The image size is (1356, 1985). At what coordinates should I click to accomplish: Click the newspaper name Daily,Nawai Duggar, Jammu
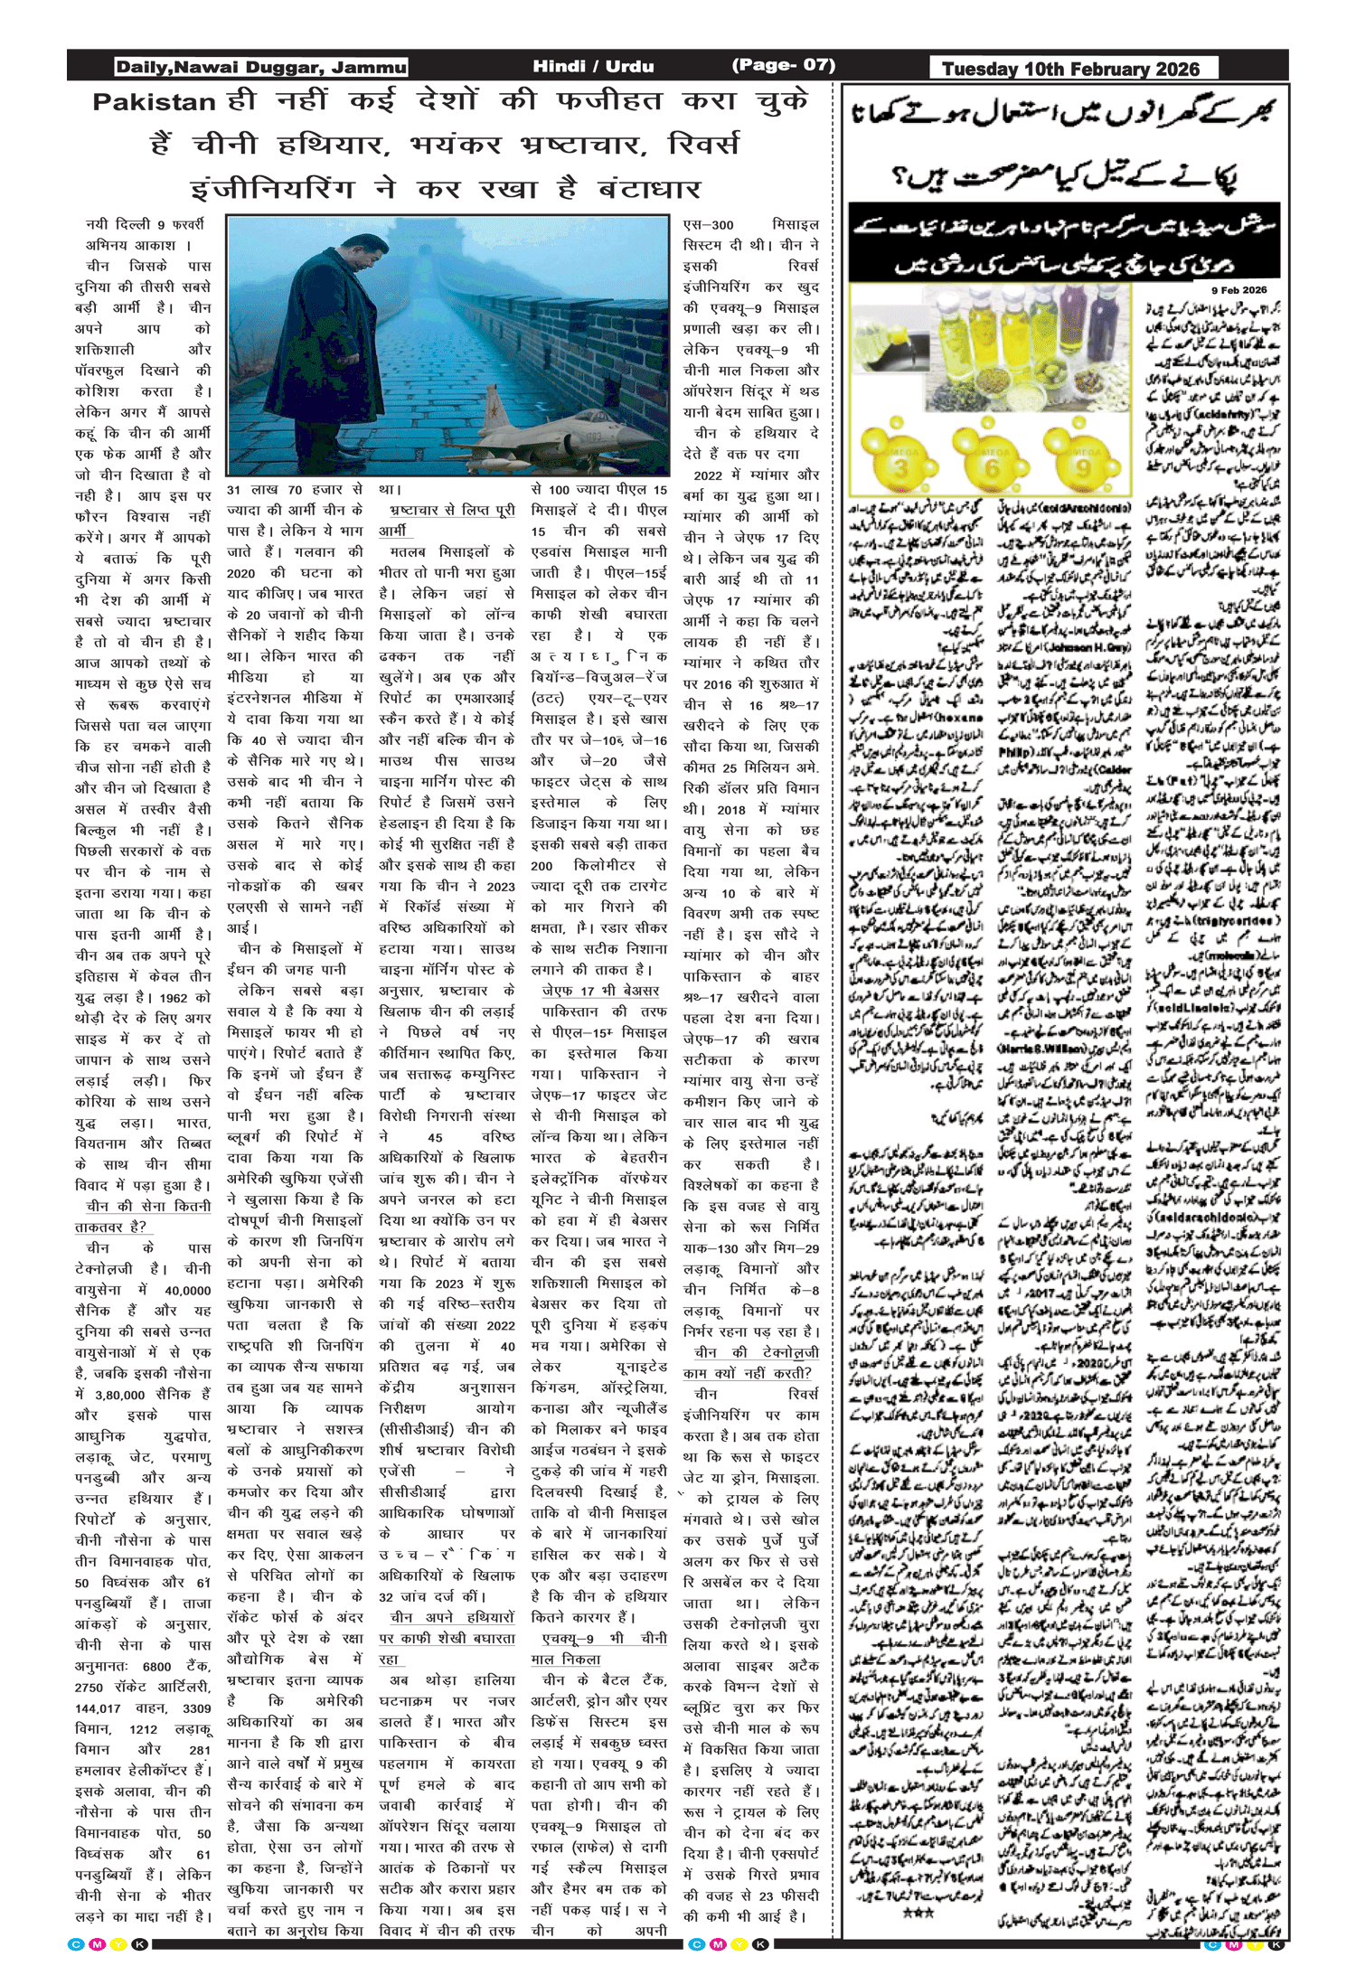tap(260, 67)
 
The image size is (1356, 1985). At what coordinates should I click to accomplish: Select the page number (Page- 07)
tap(783, 65)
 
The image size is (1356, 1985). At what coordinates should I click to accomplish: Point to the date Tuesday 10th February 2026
tap(1070, 69)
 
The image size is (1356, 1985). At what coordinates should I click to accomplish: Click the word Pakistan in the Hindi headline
tap(154, 102)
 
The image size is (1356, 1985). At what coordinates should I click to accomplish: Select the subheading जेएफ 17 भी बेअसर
tap(600, 991)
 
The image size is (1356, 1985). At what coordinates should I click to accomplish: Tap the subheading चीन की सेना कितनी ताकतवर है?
tap(145, 1216)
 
